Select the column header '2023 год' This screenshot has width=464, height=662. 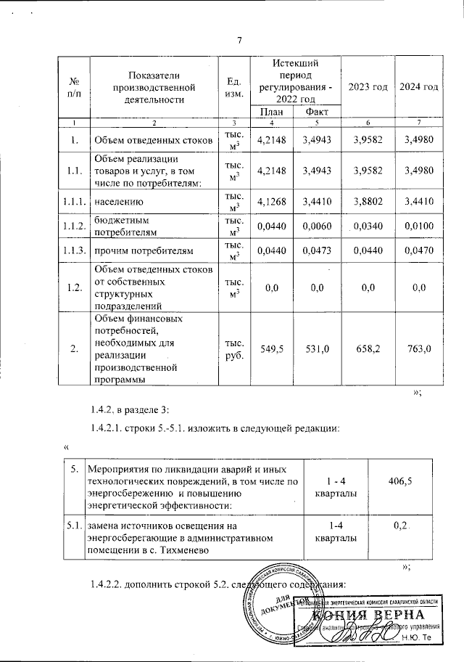(368, 86)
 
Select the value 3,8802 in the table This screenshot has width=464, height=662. (368, 201)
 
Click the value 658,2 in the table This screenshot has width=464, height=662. (368, 349)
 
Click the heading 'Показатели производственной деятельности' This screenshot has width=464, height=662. (153, 87)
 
